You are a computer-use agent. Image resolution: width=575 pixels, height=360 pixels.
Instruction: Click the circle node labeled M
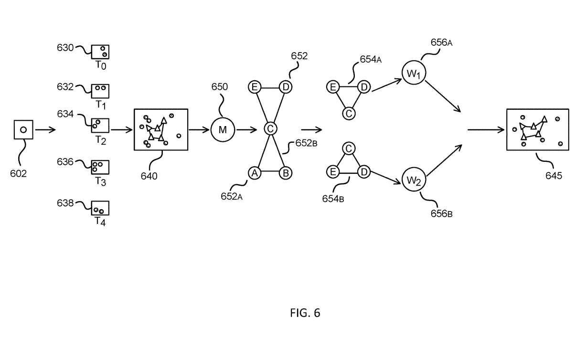[x=223, y=130]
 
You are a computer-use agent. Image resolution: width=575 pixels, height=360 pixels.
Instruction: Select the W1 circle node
[x=414, y=73]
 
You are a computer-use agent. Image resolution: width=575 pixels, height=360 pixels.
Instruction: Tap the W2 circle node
[x=414, y=180]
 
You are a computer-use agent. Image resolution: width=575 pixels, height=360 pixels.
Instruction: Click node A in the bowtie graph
[x=255, y=173]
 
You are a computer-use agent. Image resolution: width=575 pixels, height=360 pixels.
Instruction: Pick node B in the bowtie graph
[x=286, y=173]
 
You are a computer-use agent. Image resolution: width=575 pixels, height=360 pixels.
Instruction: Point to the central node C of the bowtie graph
[x=270, y=128]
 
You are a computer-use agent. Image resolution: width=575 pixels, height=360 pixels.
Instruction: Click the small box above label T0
[x=100, y=52]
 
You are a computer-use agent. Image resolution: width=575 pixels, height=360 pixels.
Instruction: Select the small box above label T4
[x=100, y=208]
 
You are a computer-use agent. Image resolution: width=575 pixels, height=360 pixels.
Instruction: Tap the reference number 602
[x=19, y=174]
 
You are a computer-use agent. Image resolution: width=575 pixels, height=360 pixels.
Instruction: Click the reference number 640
[x=149, y=176]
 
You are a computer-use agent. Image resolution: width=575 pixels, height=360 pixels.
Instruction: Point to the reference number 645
[x=554, y=176]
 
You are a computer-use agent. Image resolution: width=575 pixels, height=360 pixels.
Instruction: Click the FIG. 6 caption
[x=305, y=313]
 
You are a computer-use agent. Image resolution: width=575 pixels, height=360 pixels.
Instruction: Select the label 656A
[x=441, y=42]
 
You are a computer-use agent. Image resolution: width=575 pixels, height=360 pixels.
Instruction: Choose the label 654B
[x=333, y=199]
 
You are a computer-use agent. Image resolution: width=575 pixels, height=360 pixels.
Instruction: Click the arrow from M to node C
[x=246, y=130]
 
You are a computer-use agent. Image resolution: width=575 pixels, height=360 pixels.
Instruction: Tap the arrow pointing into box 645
[x=486, y=130]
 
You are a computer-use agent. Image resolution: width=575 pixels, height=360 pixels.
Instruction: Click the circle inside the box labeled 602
[x=23, y=129]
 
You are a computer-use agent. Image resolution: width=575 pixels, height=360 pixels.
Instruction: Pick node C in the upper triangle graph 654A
[x=349, y=113]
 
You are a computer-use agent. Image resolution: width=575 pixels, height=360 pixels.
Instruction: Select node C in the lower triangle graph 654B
[x=349, y=149]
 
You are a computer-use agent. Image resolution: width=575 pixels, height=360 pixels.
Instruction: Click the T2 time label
[x=101, y=140]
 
